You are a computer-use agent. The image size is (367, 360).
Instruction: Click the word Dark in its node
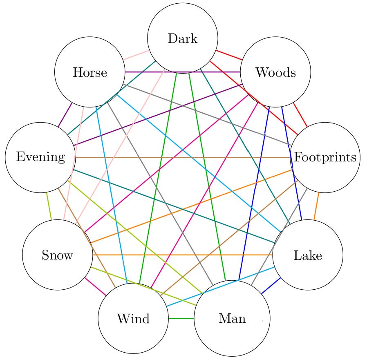coord(182,39)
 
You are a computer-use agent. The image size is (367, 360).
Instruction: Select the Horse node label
coord(90,73)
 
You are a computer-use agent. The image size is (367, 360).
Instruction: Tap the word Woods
coord(275,72)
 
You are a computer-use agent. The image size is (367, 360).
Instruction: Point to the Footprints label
coord(325,157)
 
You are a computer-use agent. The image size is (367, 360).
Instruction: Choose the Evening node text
coord(40,157)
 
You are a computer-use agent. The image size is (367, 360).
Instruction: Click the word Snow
coord(57,255)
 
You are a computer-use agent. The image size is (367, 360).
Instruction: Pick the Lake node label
coord(307,255)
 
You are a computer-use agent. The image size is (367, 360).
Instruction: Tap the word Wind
coord(133,318)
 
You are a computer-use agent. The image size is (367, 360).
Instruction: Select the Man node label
coord(232,318)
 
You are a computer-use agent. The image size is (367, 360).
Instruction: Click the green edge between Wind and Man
coord(181,318)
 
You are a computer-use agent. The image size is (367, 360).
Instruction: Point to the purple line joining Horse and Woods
coord(182,72)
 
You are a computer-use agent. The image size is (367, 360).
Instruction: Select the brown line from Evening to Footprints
coord(182,157)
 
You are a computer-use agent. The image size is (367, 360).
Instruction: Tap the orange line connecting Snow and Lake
coord(182,255)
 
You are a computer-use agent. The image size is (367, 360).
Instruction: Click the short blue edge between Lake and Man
coord(271,286)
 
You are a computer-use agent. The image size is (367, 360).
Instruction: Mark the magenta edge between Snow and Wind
coord(95,286)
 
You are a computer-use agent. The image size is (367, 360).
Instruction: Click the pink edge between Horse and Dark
coord(136,56)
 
